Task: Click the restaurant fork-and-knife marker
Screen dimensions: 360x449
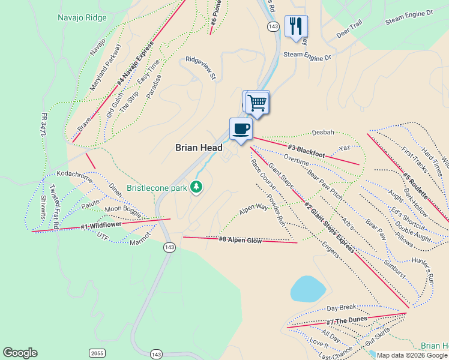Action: point(296,26)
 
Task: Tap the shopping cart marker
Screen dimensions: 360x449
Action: point(257,102)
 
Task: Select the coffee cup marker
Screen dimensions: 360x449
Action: point(241,128)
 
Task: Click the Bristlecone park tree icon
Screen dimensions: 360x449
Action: point(196,187)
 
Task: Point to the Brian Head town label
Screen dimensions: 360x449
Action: point(199,148)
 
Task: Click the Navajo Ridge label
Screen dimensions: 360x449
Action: point(82,18)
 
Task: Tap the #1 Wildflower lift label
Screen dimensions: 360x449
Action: point(101,226)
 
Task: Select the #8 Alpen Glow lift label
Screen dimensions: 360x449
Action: point(240,240)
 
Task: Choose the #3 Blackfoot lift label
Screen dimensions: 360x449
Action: point(306,151)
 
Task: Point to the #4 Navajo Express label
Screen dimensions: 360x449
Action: point(132,62)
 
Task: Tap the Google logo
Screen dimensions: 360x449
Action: point(20,353)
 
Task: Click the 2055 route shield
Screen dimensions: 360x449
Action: point(97,352)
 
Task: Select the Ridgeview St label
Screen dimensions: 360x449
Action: point(200,68)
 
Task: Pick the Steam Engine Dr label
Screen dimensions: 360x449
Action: point(307,56)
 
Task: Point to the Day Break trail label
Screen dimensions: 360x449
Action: point(342,308)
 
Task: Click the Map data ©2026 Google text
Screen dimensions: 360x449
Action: point(411,355)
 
